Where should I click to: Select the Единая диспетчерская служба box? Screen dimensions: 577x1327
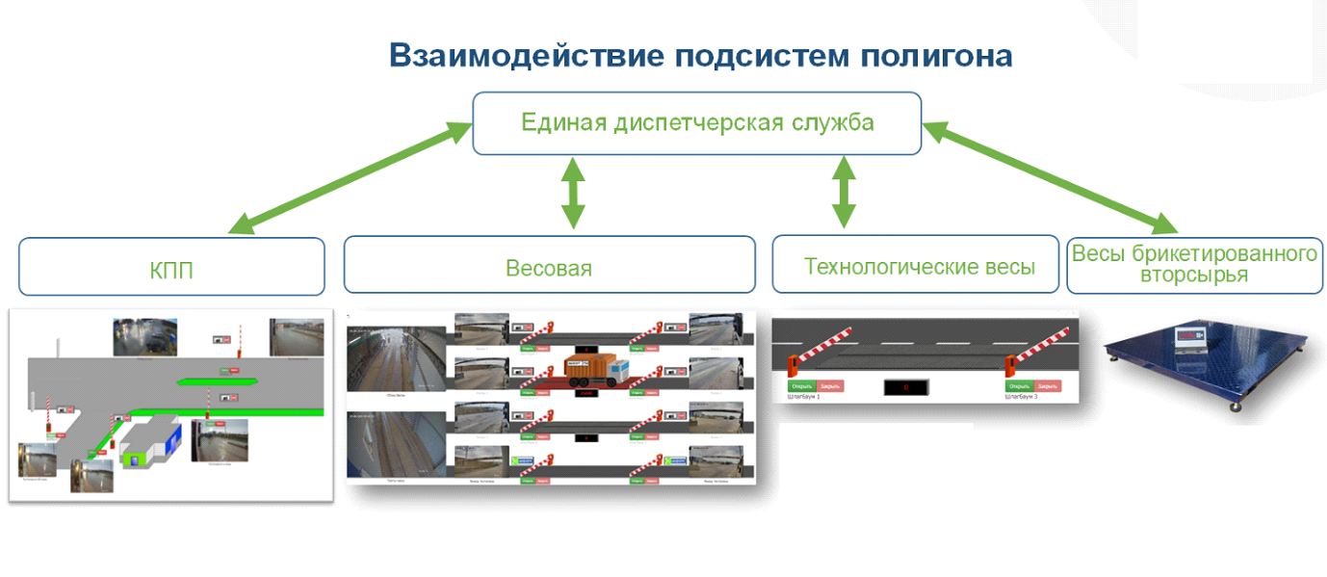coord(696,123)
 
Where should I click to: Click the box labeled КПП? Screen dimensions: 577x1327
coord(171,268)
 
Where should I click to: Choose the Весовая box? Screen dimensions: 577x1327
coord(549,266)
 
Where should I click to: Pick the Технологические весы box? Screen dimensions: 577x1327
coord(919,265)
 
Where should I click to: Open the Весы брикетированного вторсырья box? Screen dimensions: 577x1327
coord(1194,264)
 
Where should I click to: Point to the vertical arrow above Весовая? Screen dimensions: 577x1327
coord(573,195)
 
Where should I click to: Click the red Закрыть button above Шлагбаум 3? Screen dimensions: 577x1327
coord(1047,386)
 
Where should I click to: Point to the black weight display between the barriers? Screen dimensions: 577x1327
coord(905,387)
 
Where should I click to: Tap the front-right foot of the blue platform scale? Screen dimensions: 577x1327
coord(1236,408)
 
